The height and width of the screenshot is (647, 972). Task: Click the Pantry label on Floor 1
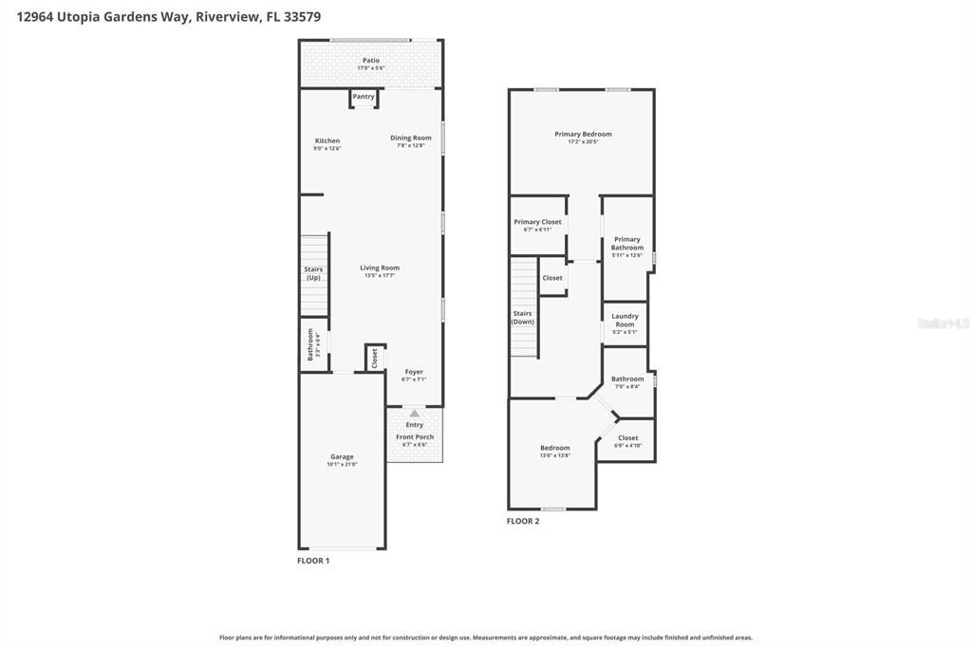364,97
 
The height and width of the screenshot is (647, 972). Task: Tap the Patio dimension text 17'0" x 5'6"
370,68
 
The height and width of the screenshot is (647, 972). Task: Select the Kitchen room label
327,141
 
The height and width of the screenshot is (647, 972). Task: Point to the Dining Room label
411,138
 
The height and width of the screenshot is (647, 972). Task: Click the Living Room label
380,268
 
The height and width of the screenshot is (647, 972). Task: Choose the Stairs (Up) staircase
314,274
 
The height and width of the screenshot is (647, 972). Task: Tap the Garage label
342,456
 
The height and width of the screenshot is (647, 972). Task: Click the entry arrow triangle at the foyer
415,414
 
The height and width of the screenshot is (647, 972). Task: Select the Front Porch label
415,437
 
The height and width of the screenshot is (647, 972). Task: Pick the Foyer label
414,372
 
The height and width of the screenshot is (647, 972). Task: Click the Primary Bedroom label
583,134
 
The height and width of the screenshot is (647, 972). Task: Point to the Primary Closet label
537,222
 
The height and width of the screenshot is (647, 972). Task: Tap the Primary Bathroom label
627,244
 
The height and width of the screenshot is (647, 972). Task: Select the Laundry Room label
625,321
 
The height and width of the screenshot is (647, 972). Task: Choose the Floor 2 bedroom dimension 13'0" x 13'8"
555,456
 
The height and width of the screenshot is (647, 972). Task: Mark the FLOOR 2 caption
523,521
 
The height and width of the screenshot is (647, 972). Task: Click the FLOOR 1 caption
313,561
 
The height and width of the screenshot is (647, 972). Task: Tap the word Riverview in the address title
228,17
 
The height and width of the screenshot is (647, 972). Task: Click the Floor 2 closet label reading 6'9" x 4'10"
628,445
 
